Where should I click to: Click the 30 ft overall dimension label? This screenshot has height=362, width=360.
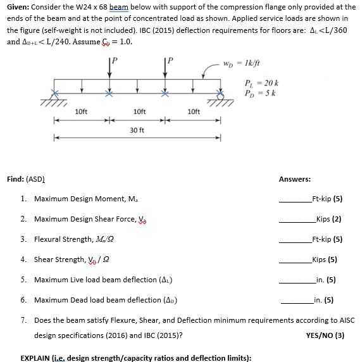pos(137,130)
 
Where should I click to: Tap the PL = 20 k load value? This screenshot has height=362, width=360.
pos(261,84)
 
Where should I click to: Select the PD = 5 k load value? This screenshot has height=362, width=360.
pos(259,94)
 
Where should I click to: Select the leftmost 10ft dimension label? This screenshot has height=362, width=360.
pos(81,112)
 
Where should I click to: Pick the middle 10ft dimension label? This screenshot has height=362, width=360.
pos(139,112)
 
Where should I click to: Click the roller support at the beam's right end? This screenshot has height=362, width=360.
pos(221,99)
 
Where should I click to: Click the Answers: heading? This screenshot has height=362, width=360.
pos(294,179)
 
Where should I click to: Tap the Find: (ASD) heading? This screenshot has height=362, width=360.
pos(24,179)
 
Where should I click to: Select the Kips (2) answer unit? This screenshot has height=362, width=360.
pos(328,219)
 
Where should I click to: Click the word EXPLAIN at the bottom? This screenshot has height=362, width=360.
pos(37,357)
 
